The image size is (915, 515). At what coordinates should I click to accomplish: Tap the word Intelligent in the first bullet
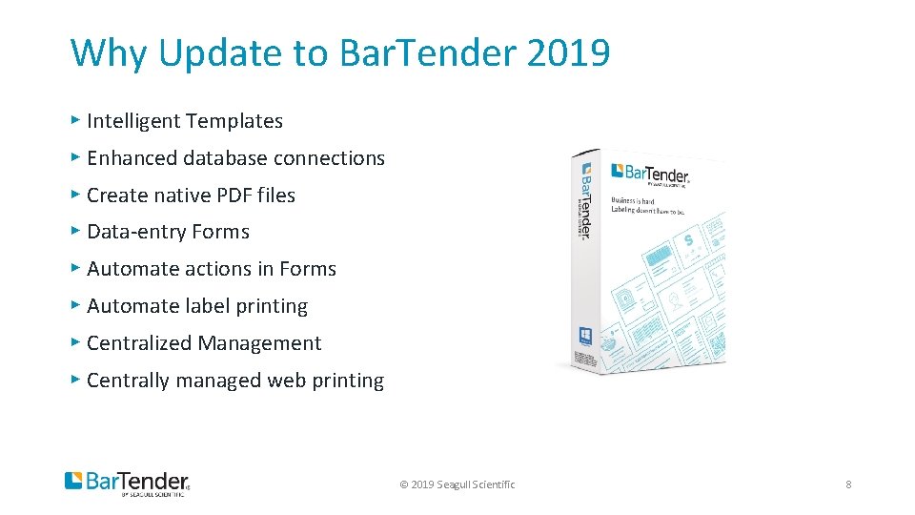[134, 121]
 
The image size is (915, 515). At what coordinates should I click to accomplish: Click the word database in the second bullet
[242, 158]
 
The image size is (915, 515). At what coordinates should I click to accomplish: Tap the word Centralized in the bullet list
[142, 343]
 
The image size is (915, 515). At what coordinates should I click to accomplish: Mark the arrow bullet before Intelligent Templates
[75, 120]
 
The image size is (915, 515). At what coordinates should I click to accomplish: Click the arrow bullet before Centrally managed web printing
[75, 380]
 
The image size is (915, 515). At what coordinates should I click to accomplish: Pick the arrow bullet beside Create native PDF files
[75, 195]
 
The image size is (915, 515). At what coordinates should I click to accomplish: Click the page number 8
[848, 484]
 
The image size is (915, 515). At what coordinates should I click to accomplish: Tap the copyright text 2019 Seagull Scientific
[457, 484]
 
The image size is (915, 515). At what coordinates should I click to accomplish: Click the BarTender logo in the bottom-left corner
[127, 483]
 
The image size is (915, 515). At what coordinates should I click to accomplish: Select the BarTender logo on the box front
[650, 174]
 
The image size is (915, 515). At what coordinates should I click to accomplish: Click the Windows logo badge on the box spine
[585, 336]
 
